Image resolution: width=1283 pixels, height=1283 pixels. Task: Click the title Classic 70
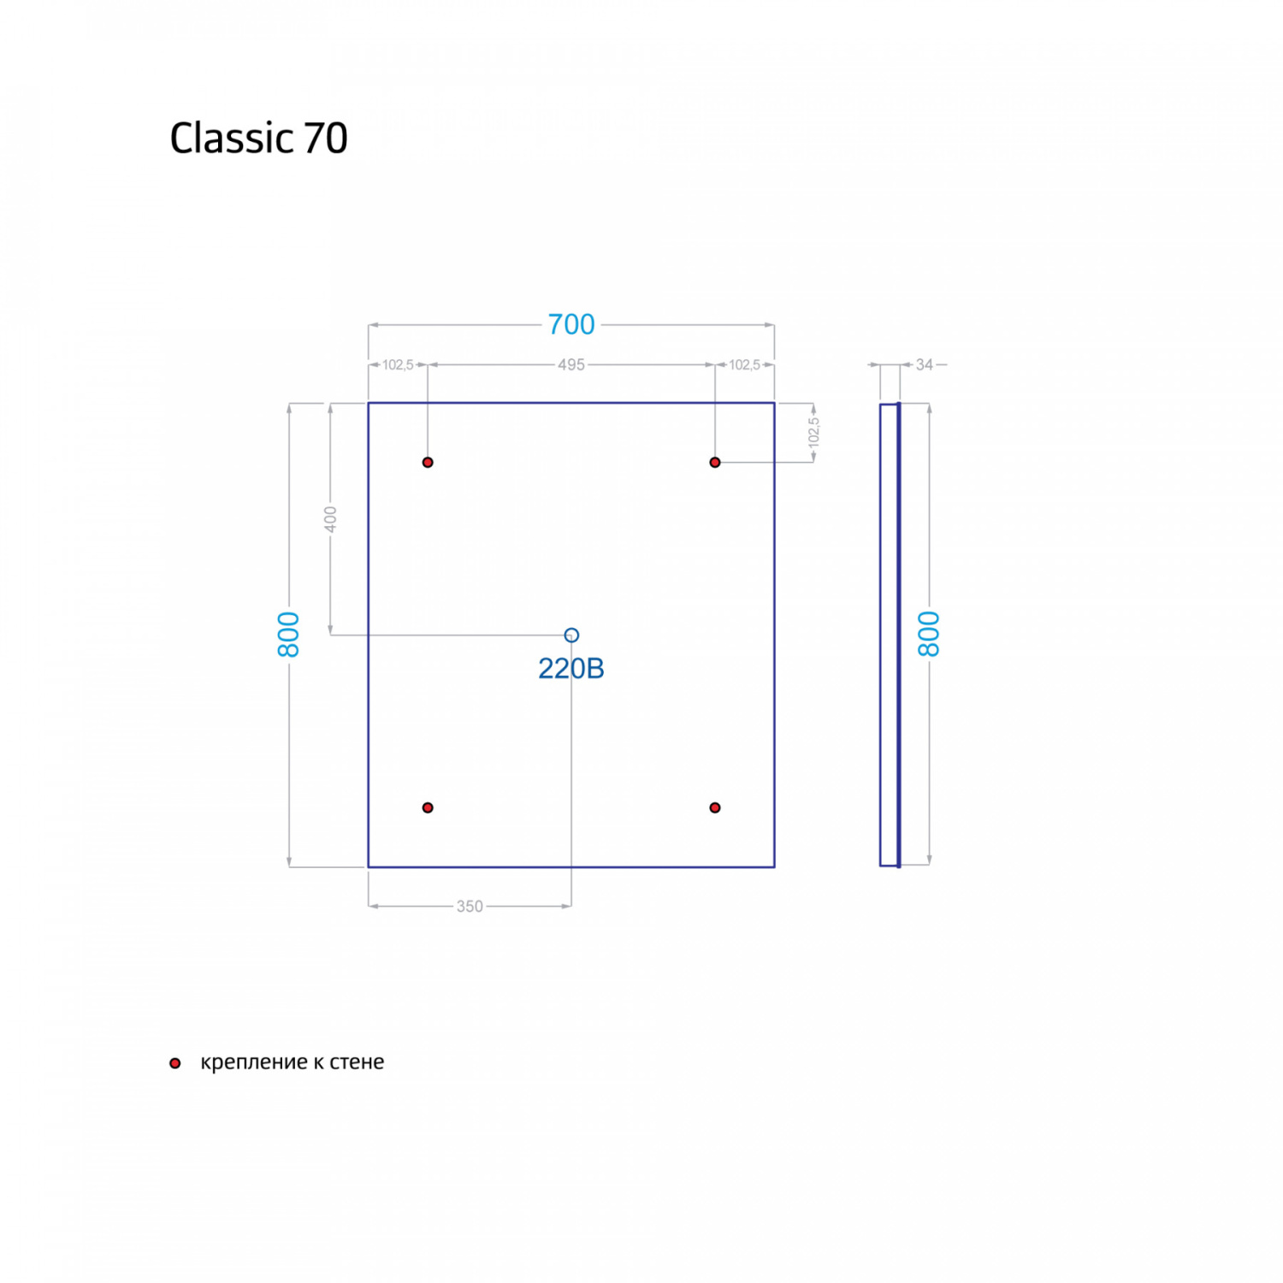(x=258, y=138)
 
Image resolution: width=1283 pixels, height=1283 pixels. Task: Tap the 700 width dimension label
(x=571, y=325)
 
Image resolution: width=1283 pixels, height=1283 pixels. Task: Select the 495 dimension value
(x=571, y=365)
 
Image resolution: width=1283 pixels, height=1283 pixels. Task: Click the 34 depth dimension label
(x=925, y=365)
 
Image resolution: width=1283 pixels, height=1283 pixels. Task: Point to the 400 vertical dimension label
(x=331, y=518)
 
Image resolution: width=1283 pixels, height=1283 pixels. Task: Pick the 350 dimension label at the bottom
(x=470, y=907)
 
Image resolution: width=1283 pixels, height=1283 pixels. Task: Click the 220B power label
(x=571, y=669)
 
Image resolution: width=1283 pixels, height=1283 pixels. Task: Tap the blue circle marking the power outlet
(x=571, y=635)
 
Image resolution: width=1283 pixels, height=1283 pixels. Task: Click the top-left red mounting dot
(x=428, y=463)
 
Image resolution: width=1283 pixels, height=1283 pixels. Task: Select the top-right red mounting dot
(x=715, y=463)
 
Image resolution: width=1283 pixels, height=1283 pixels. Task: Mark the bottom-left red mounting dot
(x=428, y=807)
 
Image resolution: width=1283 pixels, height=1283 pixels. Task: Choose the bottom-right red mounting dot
(x=715, y=807)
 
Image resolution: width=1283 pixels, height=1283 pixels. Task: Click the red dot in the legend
(x=175, y=1063)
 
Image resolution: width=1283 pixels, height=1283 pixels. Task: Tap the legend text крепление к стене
(x=293, y=1062)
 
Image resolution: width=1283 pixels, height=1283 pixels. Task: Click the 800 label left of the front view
(x=289, y=635)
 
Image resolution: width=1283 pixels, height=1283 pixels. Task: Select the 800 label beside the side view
(x=929, y=635)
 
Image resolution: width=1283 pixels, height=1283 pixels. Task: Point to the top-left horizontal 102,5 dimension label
(x=398, y=365)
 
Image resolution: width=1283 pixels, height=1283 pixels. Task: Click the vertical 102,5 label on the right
(x=813, y=432)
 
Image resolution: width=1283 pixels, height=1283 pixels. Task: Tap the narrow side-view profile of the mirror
(x=890, y=635)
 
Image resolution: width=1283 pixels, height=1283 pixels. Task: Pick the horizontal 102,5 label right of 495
(x=744, y=365)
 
